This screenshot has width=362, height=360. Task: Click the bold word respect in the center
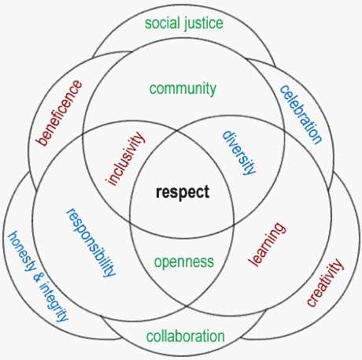[x=183, y=192]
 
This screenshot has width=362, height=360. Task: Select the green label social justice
[x=184, y=24]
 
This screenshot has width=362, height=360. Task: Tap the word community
[x=183, y=89]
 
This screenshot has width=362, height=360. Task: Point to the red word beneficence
[x=59, y=113]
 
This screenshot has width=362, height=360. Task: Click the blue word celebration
[x=301, y=114]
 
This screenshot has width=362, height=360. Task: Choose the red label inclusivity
[x=125, y=158]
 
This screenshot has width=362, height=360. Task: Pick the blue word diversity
[x=239, y=153]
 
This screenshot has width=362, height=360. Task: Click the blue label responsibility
[x=90, y=243]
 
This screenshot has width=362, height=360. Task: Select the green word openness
[x=184, y=262]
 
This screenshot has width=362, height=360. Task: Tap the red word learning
[x=267, y=244]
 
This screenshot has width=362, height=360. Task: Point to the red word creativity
[x=325, y=282]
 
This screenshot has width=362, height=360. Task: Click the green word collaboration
[x=186, y=336]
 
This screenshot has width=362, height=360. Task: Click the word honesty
[x=22, y=251]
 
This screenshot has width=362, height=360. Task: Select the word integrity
[x=54, y=302]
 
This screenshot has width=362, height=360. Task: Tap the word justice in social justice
[x=204, y=24]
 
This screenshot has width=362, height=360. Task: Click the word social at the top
[x=162, y=23]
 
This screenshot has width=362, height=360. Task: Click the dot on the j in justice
[x=186, y=17]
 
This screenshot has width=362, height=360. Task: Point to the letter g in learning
[x=279, y=228]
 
